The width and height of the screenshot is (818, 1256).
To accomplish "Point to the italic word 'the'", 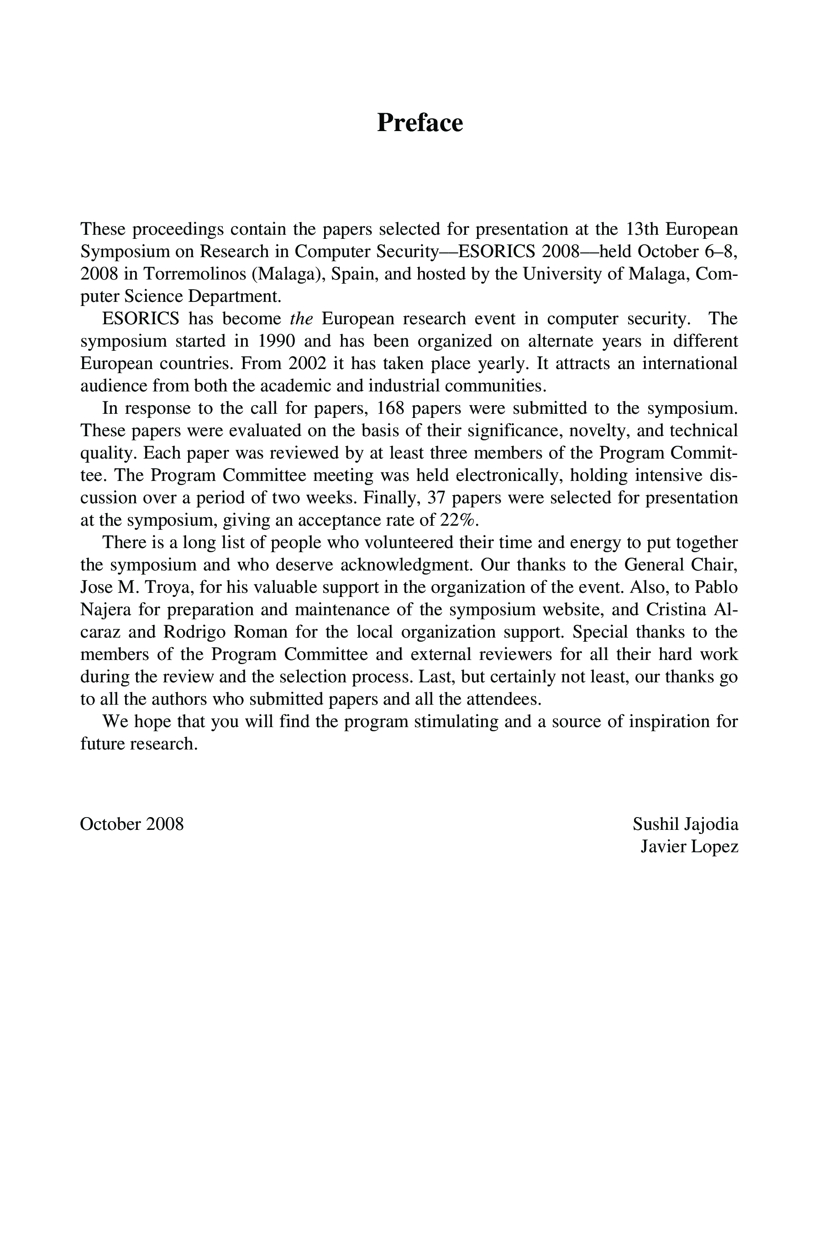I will pyautogui.click(x=301, y=319).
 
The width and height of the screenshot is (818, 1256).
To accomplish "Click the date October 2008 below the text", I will pyautogui.click(x=132, y=824).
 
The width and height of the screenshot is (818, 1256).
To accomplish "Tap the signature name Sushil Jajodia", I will pyautogui.click(x=685, y=824).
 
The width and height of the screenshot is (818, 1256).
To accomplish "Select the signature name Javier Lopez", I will pyautogui.click(x=689, y=846).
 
